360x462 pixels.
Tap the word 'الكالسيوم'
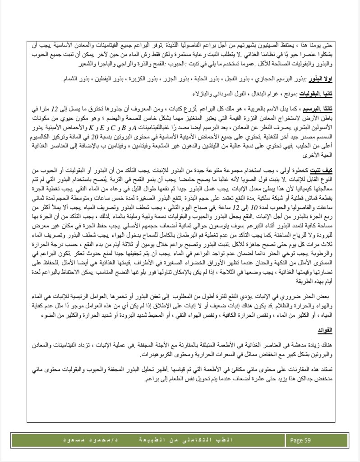tap(45, 134)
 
